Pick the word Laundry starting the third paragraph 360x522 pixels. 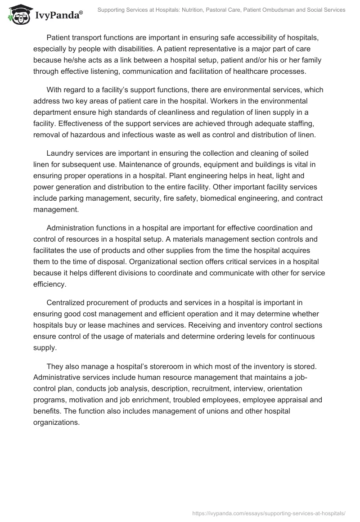point(61,153)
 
